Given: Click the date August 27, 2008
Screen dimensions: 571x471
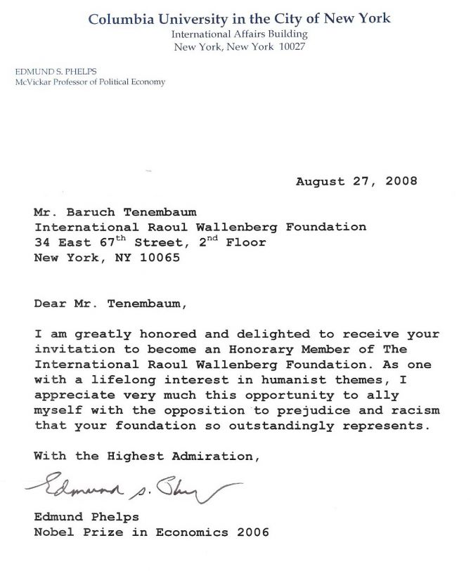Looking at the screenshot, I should pos(356,181).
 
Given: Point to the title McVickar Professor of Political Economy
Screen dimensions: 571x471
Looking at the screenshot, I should pos(90,82).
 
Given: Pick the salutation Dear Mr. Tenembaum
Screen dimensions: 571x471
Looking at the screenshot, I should pos(112,304).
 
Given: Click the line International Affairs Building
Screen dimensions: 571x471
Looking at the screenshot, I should pos(240,34).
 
